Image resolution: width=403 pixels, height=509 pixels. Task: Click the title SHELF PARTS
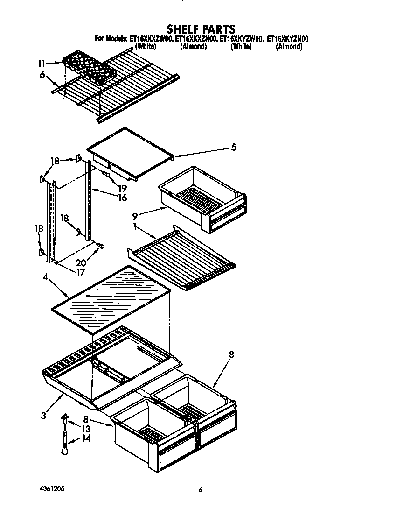[x=201, y=30]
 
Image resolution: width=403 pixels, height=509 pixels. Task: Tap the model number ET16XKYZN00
[x=288, y=39]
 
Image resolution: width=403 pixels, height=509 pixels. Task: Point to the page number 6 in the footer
[x=201, y=490]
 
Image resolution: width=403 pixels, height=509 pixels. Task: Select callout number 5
[x=234, y=148]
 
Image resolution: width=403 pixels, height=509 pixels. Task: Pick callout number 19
[x=122, y=189]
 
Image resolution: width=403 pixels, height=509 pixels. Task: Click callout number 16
[x=122, y=198]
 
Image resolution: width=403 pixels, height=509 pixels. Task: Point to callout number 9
[x=135, y=217]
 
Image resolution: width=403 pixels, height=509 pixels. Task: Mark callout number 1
[x=134, y=226]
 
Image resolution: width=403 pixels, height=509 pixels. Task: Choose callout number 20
[x=81, y=262]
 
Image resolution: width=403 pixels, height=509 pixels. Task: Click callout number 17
[x=80, y=270]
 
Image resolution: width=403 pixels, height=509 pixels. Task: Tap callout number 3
[x=43, y=415]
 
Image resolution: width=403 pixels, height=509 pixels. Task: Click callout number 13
[x=85, y=429]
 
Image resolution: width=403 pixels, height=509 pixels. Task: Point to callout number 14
[x=85, y=438]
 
